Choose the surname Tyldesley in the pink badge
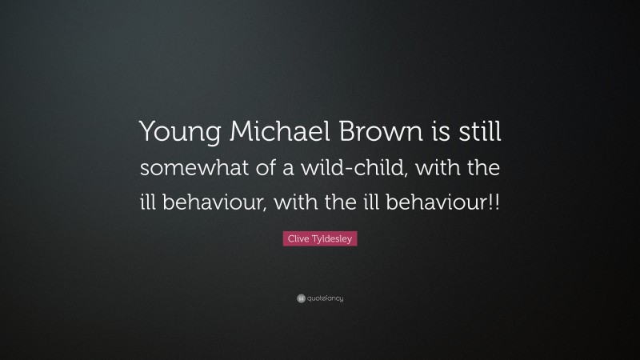pos(332,238)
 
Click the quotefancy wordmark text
pos(326,298)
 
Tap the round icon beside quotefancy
pos(301,298)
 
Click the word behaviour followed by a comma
pos(210,200)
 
